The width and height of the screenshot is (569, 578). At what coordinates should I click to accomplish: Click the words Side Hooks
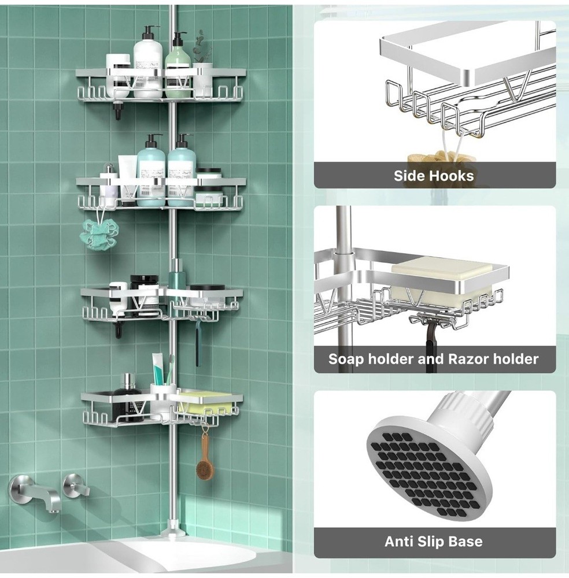tap(434, 176)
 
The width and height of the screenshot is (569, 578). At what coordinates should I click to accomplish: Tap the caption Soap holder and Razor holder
tap(434, 359)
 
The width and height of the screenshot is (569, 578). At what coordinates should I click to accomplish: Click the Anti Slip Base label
tap(434, 542)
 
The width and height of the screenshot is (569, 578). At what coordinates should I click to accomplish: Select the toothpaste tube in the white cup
tap(158, 369)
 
